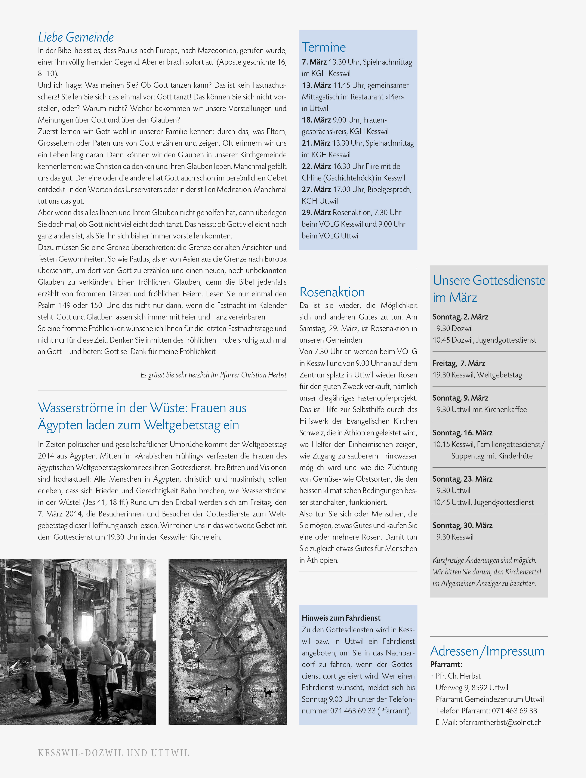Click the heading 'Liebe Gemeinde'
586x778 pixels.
pos(76,37)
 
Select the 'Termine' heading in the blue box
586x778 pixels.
pos(324,47)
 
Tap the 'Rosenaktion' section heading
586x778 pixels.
pos(332,292)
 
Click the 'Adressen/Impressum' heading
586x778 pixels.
pos(487,651)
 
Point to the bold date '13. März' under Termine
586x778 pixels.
pos(316,85)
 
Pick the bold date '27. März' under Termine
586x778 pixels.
pos(316,189)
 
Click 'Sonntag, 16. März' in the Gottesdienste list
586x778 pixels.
pos(462,433)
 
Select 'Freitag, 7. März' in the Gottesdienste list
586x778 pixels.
pos(459,363)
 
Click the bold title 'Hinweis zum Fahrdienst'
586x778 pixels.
pos(341,618)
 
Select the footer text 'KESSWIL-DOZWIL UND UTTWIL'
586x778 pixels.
pos(113,753)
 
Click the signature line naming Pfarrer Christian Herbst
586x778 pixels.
pos(213,375)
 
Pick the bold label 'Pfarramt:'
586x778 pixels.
pos(446,664)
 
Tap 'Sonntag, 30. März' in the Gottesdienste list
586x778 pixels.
pos(462,525)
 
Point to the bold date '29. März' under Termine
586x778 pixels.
pos(316,212)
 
